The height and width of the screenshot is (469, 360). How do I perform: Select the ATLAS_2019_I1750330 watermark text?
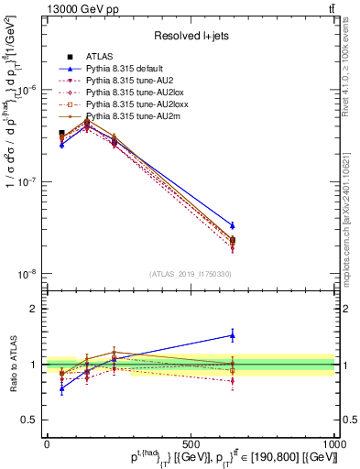point(191,274)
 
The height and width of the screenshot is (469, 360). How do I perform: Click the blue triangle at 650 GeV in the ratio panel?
point(233,335)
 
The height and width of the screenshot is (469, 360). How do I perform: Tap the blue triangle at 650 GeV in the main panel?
point(233,225)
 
